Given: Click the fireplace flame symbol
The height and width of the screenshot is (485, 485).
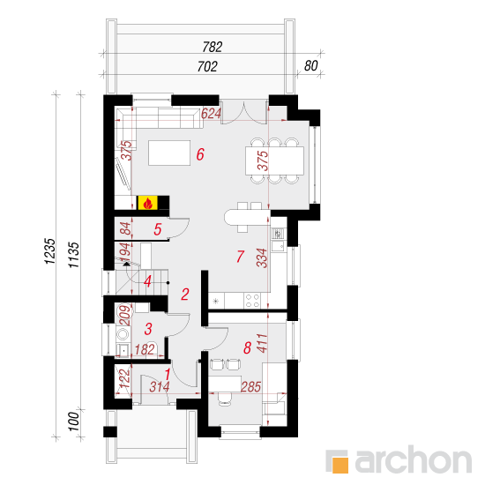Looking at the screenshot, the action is (147, 203).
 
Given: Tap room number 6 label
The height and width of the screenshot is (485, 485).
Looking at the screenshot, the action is (200, 154).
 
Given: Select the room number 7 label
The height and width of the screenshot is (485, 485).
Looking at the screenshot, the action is (241, 257).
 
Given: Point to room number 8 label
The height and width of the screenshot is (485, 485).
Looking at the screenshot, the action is (247, 347).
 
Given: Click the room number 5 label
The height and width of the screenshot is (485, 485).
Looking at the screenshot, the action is (158, 229).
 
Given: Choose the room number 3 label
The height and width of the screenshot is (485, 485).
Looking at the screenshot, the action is (148, 329).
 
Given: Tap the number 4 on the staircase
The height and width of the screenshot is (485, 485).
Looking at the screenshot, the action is (147, 281).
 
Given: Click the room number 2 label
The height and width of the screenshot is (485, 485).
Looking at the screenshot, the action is (185, 295).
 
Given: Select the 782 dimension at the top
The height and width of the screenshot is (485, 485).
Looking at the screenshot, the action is (213, 47).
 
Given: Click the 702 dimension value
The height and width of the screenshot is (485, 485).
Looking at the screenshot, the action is (207, 66).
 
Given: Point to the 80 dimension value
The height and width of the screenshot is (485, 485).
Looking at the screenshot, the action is (311, 66).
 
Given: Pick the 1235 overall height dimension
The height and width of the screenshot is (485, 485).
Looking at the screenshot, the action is (50, 251).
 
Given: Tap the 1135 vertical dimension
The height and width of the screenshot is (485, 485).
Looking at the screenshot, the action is (74, 255).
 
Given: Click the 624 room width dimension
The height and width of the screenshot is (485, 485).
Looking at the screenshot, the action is (211, 114).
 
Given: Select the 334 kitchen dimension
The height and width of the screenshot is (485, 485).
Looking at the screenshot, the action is (262, 257).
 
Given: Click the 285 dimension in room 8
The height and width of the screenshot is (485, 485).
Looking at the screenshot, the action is (250, 386).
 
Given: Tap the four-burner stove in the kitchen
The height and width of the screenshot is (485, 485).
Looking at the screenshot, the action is (252, 301).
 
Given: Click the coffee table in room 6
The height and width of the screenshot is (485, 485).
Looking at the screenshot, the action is (169, 153).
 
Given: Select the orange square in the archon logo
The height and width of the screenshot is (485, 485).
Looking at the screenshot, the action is (340, 465).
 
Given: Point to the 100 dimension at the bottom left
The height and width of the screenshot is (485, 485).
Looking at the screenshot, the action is (73, 422).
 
